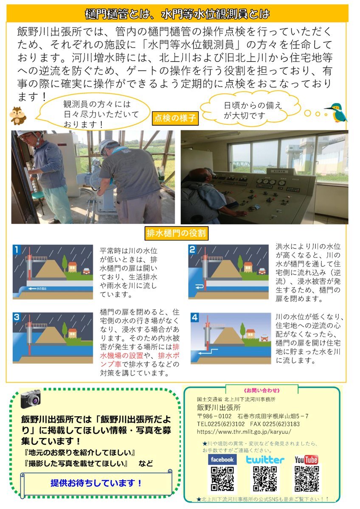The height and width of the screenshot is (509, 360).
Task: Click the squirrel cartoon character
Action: (18, 116)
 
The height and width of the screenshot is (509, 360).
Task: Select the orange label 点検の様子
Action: (175, 118)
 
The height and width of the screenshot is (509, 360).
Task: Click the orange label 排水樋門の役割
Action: (176, 233)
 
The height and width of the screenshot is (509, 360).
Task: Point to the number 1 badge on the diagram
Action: (17, 249)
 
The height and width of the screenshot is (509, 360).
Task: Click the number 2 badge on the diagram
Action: (192, 249)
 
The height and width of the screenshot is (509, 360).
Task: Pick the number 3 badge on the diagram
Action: (17, 317)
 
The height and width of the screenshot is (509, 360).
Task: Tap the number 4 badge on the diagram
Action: (195, 317)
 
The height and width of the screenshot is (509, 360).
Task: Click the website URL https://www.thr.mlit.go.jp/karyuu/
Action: (244, 431)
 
